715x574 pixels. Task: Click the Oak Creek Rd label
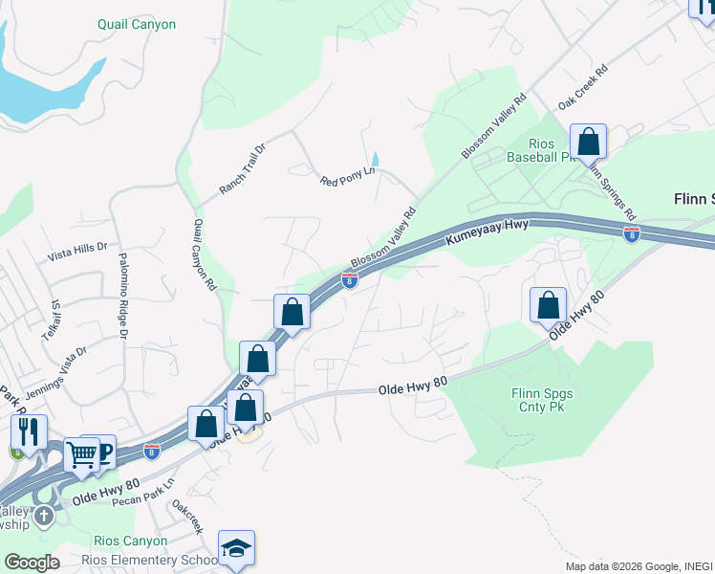[x=583, y=86]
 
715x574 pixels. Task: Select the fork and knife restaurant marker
[x=29, y=431]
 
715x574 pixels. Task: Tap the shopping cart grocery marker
[x=82, y=456]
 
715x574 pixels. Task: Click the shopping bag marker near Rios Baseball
[x=588, y=143]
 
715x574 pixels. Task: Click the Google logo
[x=32, y=562]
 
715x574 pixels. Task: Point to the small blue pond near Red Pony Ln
[x=376, y=158]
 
